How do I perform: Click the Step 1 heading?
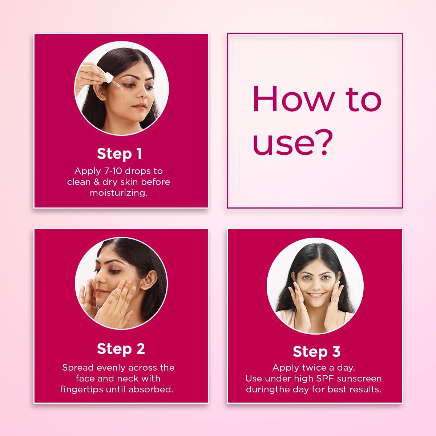point(119,154)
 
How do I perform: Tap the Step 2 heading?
point(121,349)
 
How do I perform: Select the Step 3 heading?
point(316,352)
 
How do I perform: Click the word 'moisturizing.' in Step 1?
point(118,193)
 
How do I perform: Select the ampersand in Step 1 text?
point(97,182)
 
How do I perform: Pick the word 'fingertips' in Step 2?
point(82,389)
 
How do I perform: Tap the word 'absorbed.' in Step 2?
point(151,389)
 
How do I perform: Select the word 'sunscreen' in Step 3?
point(359,379)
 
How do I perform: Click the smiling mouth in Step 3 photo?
point(316,295)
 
